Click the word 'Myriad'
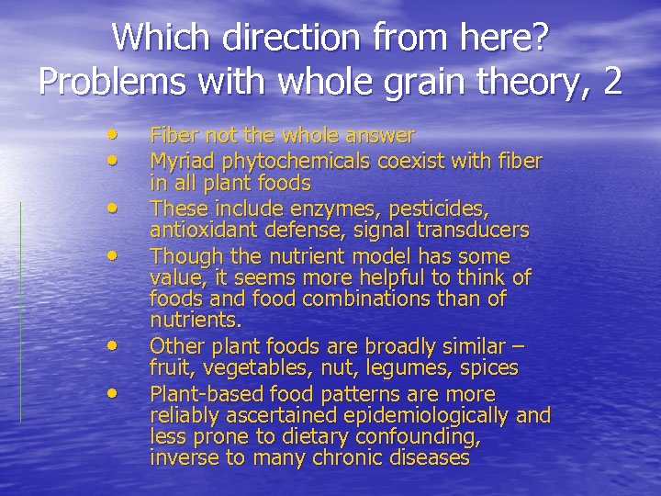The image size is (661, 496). (178, 162)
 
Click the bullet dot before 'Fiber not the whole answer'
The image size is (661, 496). (112, 133)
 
